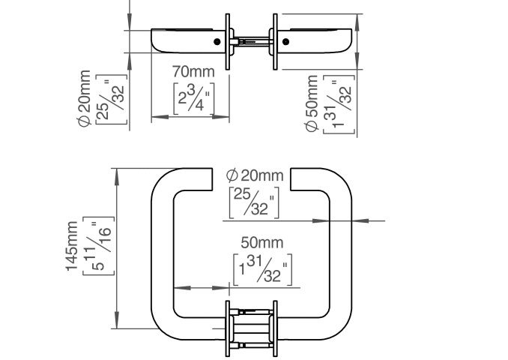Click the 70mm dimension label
point(193,72)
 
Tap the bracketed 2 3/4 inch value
point(194,99)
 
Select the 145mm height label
point(72,246)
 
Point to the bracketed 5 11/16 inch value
point(98,246)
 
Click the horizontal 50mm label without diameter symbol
point(262,242)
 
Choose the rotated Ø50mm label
point(311,103)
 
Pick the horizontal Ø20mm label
point(255,175)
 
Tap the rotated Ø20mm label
point(84,98)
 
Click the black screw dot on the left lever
point(217,41)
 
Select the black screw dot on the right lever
point(285,41)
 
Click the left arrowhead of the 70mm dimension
point(160,117)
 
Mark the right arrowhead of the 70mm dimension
point(221,117)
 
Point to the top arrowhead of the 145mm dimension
point(117,177)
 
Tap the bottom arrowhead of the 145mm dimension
point(117,320)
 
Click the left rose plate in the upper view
point(228,41)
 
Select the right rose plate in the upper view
point(275,41)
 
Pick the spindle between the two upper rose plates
point(252,40)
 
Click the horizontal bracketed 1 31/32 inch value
point(263,270)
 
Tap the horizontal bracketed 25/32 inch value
point(254,202)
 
